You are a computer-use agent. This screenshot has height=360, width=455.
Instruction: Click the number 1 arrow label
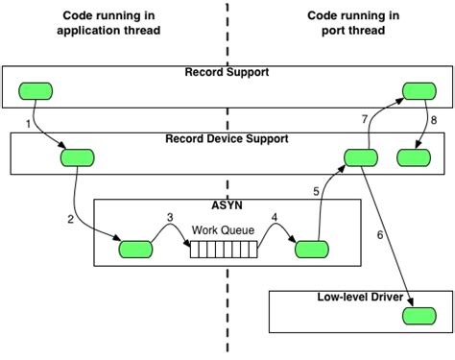[29, 125]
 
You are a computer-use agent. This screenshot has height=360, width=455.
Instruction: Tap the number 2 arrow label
[70, 219]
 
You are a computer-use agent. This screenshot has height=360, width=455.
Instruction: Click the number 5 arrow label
[316, 191]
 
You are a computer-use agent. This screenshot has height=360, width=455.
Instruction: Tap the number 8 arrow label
[433, 120]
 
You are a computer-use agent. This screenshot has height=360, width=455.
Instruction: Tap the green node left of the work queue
[135, 250]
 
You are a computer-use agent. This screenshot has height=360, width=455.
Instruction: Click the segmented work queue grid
[224, 250]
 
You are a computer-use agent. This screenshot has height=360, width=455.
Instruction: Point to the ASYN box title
[227, 205]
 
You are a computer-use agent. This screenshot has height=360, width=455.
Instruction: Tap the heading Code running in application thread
[109, 23]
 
